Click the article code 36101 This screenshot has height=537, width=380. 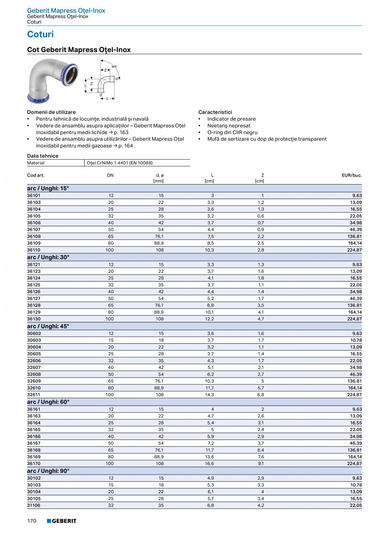(x=34, y=195)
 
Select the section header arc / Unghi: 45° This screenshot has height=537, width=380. (x=48, y=326)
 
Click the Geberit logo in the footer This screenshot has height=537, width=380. (x=62, y=521)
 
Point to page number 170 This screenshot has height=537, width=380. (x=32, y=521)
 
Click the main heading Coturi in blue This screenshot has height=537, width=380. (x=40, y=34)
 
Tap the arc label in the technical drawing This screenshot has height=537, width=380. (x=114, y=66)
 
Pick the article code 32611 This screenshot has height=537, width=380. (x=34, y=395)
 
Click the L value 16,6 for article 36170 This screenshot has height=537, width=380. (x=210, y=464)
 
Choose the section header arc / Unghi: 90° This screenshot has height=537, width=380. (x=48, y=471)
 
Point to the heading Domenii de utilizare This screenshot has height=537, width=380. (x=51, y=112)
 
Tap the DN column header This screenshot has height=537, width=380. (x=110, y=175)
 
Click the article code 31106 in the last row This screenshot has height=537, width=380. (x=34, y=505)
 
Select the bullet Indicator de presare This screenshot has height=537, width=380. (x=231, y=119)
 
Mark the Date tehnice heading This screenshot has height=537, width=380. (x=43, y=156)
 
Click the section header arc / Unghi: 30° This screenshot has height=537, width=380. (x=48, y=257)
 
